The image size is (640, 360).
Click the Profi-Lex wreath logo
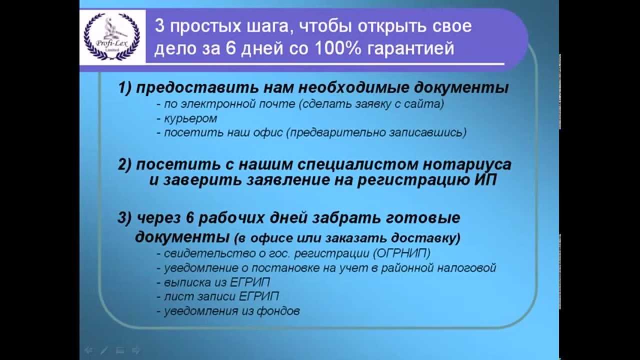tap(111, 36)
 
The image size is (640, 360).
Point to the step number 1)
tap(125, 87)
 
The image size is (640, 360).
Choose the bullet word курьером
tap(190, 118)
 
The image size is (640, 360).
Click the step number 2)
tap(124, 165)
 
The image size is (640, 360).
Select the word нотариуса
tap(467, 165)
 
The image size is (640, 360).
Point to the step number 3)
tap(124, 218)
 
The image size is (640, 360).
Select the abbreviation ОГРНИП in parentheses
tap(401, 253)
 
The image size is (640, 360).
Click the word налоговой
tap(466, 268)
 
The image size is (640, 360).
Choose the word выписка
tap(187, 282)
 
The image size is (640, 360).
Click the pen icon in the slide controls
tap(104, 350)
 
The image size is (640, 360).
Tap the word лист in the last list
tap(174, 296)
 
